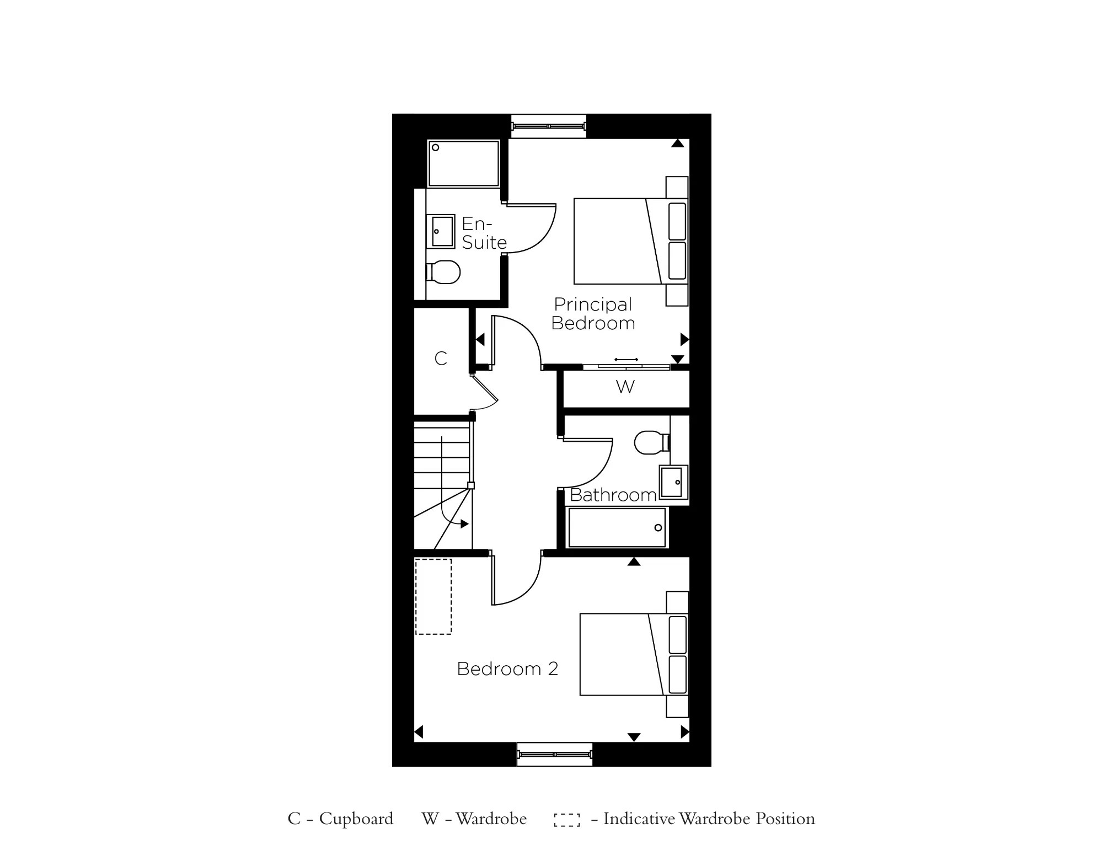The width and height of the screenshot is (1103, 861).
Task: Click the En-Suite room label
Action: coord(484,233)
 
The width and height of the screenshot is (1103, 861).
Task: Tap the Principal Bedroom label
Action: coord(593,314)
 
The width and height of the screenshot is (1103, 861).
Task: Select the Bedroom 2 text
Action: coord(507,669)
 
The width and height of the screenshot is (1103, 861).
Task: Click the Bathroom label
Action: coord(613,495)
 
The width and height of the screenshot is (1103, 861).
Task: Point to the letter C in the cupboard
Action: coord(440,359)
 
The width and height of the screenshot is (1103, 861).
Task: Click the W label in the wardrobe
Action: coord(625,387)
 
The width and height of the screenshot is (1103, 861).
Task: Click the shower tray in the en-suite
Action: coord(464,163)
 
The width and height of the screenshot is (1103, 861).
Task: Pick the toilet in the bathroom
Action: coord(651,442)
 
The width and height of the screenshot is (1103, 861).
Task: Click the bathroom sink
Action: coord(673,482)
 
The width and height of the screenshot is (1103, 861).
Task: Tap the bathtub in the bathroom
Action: coord(617,528)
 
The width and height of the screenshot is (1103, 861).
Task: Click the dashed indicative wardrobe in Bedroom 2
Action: coord(433,596)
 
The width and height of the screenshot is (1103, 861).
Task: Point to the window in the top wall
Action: coord(548,126)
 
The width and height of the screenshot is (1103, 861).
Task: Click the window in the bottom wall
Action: coord(554,754)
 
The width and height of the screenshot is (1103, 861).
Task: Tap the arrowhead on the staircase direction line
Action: coord(464,524)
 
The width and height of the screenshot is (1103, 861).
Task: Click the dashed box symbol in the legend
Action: coord(567,820)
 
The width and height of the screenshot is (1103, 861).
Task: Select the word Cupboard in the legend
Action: coord(356,819)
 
